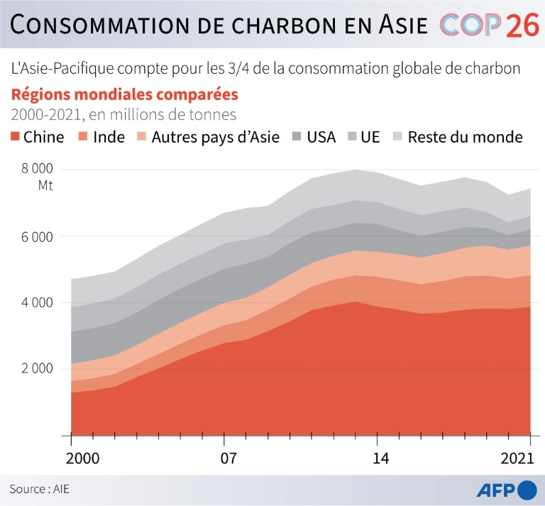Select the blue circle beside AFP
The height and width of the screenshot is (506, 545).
pyautogui.click(x=527, y=489)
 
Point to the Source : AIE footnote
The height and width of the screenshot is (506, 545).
pyautogui.click(x=40, y=489)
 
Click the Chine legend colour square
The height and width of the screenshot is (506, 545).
pyautogui.click(x=16, y=137)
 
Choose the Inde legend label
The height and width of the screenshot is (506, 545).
pyautogui.click(x=109, y=137)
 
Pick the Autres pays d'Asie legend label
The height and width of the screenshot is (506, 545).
pyautogui.click(x=215, y=137)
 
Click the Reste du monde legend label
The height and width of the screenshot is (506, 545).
pyautogui.click(x=465, y=137)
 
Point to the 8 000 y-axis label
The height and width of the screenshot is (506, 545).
pyautogui.click(x=37, y=169)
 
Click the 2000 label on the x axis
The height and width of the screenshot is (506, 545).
pyautogui.click(x=72, y=458)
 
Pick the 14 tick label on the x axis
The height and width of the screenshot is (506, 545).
pyautogui.click(x=381, y=458)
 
